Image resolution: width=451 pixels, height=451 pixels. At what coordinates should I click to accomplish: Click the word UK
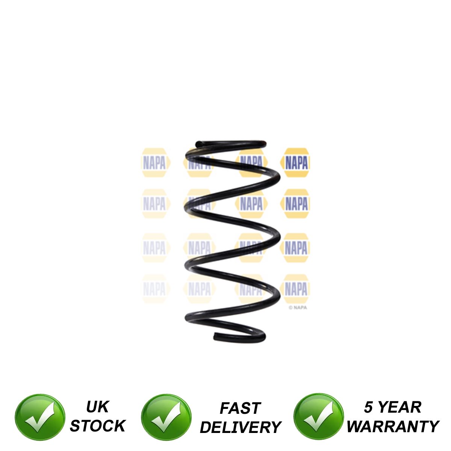point(97,407)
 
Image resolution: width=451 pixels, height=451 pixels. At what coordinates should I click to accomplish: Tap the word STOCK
point(97,426)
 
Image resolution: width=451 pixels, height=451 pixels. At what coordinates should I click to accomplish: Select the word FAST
point(240,408)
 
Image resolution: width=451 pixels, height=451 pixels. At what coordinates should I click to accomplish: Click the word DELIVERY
point(241,427)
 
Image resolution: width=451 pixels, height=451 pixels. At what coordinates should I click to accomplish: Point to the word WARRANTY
point(392,427)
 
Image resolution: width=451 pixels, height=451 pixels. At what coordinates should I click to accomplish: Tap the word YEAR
point(400,407)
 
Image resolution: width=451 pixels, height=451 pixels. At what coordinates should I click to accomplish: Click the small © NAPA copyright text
point(298,307)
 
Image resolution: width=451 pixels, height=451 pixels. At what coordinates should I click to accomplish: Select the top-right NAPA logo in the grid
point(296,163)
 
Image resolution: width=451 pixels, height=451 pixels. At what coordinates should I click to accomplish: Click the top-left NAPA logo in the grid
point(154,163)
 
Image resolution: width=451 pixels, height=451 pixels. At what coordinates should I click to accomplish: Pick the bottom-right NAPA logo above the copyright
point(296,289)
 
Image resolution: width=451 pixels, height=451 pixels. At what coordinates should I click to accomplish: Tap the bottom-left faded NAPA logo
point(154,289)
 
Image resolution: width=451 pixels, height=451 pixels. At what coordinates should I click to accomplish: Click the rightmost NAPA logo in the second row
point(296,204)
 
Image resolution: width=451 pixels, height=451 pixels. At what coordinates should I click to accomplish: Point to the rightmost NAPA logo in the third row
point(296,248)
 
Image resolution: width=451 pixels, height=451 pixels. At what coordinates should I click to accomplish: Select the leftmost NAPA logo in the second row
point(154,204)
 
